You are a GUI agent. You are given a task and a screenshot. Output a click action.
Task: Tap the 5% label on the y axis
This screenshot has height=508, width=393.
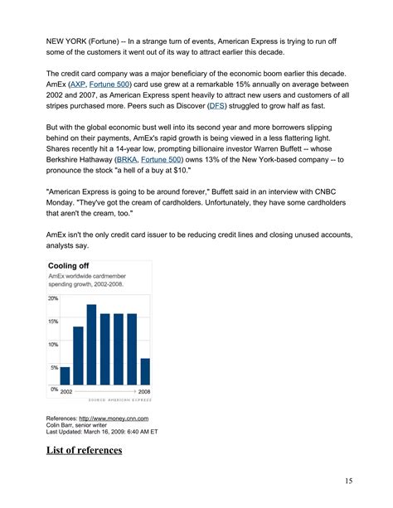coord(54,367)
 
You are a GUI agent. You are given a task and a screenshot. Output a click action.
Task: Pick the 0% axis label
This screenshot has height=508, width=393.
coord(53,389)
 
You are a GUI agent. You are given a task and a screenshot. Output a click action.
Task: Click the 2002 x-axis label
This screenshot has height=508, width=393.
coord(67,389)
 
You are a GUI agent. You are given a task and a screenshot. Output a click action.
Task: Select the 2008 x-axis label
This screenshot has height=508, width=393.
coord(144,389)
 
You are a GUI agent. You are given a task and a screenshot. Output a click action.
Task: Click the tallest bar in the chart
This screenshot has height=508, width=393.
coord(92,344)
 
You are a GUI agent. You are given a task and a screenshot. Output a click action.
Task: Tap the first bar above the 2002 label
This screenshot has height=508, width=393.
coord(65,375)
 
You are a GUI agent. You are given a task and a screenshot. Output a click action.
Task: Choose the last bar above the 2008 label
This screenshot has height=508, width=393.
coord(145,371)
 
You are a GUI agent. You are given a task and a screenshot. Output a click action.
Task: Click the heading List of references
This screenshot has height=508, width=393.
coord(85,450)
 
